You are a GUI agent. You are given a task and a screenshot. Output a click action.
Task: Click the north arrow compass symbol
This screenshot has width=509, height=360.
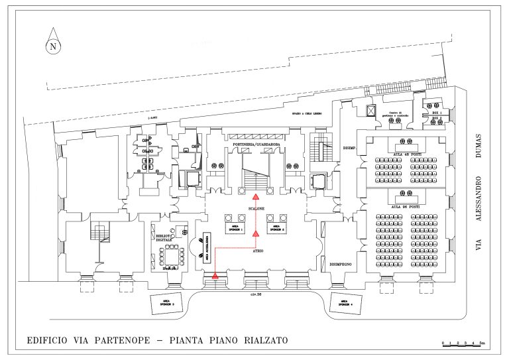[52, 45]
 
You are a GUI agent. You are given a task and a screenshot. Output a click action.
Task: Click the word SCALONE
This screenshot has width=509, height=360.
[256, 208]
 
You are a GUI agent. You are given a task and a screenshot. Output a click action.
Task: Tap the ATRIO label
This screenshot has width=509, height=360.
[258, 252]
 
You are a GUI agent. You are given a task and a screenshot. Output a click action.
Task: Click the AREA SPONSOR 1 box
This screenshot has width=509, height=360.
[237, 227]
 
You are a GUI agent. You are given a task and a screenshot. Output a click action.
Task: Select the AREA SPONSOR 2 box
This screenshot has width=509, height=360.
[276, 227]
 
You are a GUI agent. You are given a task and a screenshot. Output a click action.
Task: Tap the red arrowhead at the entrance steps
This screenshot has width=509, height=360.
[215, 274]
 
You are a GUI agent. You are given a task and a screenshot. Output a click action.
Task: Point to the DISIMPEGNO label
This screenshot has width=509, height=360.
[340, 263]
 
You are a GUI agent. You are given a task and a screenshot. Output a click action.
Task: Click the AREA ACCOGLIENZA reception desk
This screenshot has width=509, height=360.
[206, 247]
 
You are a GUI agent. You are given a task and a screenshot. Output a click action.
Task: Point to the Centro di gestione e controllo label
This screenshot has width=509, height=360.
[396, 114]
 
